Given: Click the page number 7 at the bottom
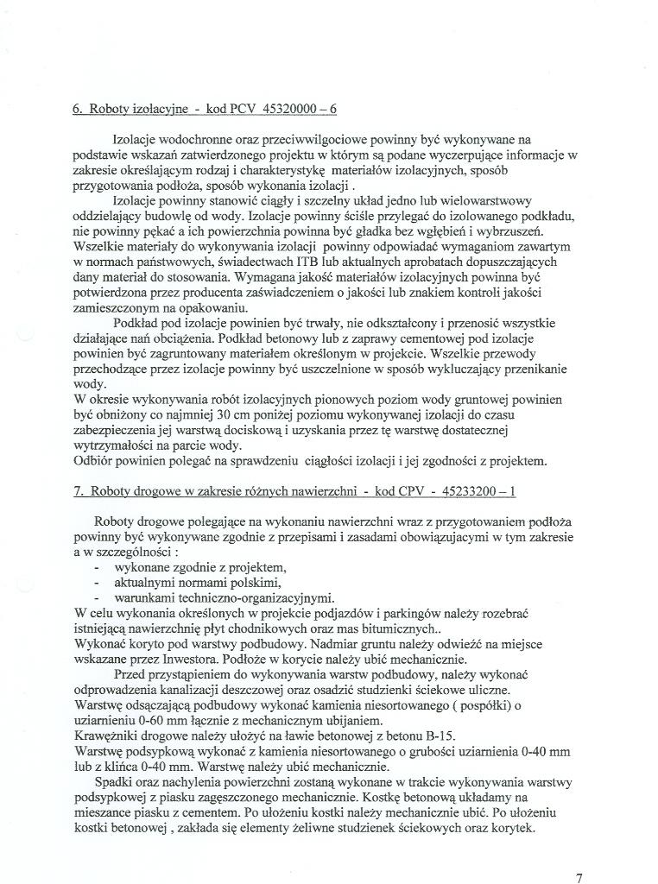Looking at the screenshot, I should [x=579, y=878].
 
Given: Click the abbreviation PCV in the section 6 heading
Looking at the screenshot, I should [x=231, y=110].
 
